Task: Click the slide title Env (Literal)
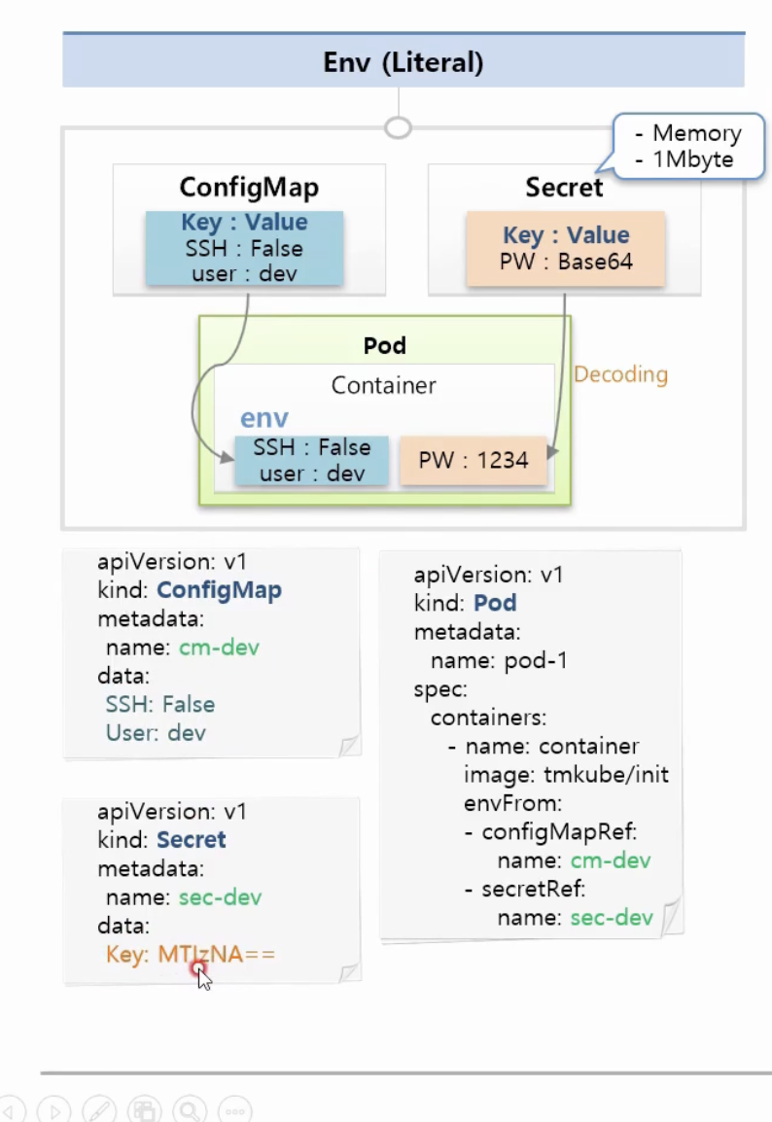[403, 63]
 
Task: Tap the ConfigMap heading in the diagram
[249, 187]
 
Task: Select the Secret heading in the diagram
[564, 187]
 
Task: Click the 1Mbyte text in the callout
[693, 159]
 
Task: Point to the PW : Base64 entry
[565, 263]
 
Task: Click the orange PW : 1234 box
[474, 460]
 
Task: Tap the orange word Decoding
[620, 374]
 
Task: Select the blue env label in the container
[264, 418]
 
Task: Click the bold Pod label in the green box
[384, 345]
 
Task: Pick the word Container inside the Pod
[383, 385]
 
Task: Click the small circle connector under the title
[398, 127]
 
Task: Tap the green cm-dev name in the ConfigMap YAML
[219, 648]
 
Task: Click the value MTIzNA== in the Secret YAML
[216, 955]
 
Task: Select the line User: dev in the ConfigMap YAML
[156, 732]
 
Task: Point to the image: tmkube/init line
[566, 775]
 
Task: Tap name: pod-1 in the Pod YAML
[499, 661]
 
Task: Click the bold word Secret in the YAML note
[191, 839]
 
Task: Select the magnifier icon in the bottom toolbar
[191, 1110]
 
